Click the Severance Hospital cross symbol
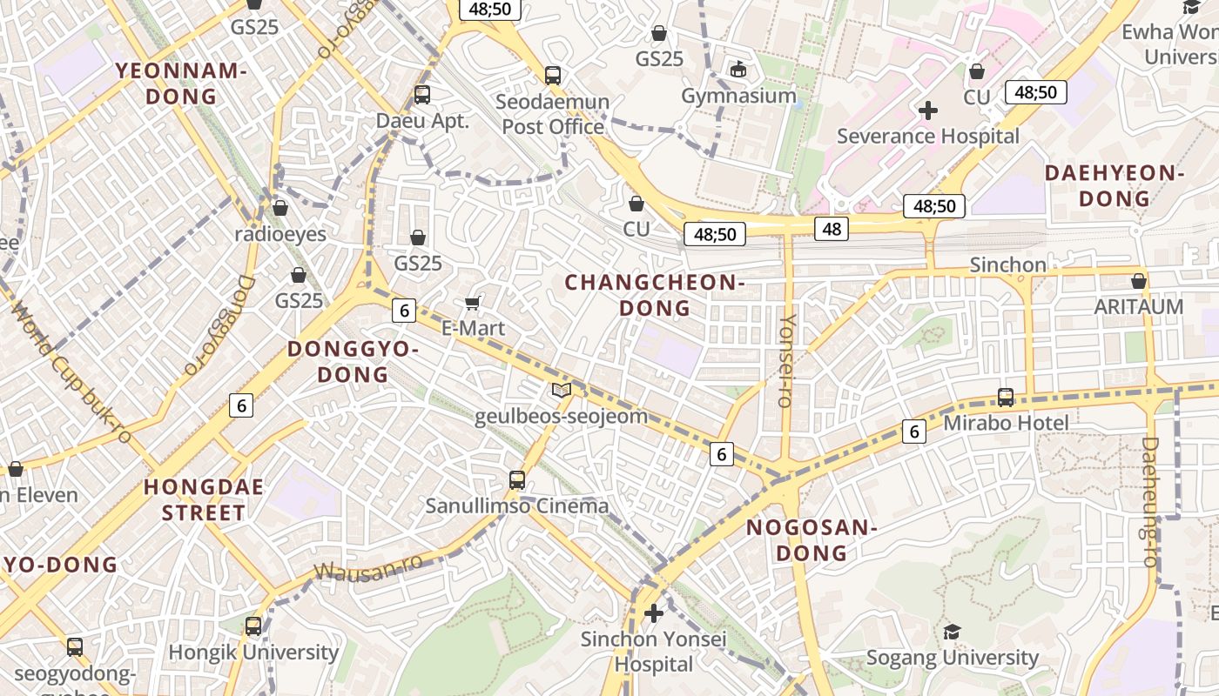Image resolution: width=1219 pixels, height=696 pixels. click(x=928, y=110)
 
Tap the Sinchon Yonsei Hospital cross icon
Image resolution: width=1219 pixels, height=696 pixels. click(x=653, y=613)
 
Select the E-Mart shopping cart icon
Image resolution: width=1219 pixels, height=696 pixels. click(x=473, y=302)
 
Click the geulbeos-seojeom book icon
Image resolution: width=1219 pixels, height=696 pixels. click(x=562, y=391)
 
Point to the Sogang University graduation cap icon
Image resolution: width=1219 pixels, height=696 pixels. click(x=952, y=632)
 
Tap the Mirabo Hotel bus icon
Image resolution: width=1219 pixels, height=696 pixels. click(x=1006, y=397)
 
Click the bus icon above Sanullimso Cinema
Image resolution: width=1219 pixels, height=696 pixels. click(x=517, y=479)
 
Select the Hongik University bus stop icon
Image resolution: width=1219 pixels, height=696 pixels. click(x=253, y=626)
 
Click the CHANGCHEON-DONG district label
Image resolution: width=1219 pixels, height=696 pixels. click(x=654, y=295)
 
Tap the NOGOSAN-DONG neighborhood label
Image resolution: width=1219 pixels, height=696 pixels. click(x=810, y=539)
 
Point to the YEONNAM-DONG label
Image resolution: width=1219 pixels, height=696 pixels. click(x=181, y=84)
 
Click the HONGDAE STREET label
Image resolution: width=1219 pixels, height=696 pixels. click(x=204, y=499)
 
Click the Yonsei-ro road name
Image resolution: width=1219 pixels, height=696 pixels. click(x=786, y=360)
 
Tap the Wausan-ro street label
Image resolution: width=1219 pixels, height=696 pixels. click(x=368, y=566)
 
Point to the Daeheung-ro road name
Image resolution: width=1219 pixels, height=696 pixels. click(x=1150, y=502)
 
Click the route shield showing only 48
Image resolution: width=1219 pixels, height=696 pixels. click(x=832, y=229)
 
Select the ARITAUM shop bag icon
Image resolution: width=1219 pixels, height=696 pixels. click(x=1138, y=281)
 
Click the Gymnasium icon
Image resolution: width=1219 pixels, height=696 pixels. click(x=738, y=69)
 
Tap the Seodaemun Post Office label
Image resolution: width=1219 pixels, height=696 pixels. click(x=552, y=114)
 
